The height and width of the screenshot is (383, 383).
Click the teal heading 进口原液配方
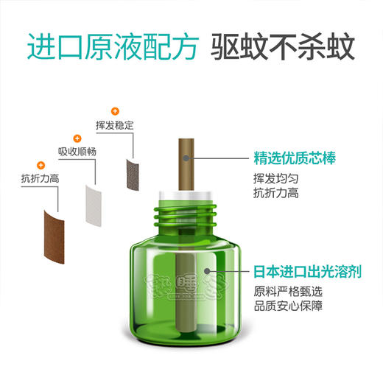pos(112,46)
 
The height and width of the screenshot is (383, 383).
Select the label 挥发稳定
pos(114,126)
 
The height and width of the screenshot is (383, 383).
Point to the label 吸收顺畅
pos(77,152)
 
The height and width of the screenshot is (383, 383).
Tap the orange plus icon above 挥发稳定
pos(114,110)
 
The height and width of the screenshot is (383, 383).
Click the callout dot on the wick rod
pos(186,158)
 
